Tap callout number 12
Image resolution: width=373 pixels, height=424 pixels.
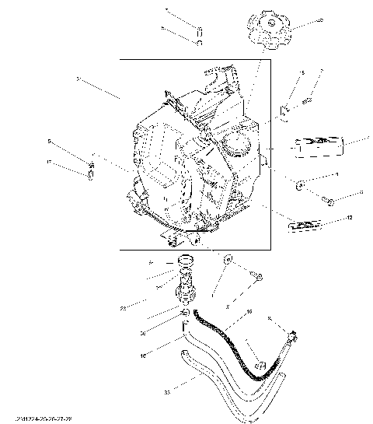click(x=350, y=218)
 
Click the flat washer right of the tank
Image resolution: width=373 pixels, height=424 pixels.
click(x=299, y=185)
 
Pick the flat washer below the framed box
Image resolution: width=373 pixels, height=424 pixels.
click(x=227, y=260)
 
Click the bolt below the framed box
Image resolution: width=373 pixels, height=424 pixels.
click(x=256, y=275)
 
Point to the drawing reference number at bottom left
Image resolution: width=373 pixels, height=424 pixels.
click(x=31, y=418)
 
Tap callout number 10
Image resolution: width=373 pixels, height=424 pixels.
click(x=143, y=353)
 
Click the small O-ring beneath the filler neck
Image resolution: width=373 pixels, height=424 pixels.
click(x=186, y=313)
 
